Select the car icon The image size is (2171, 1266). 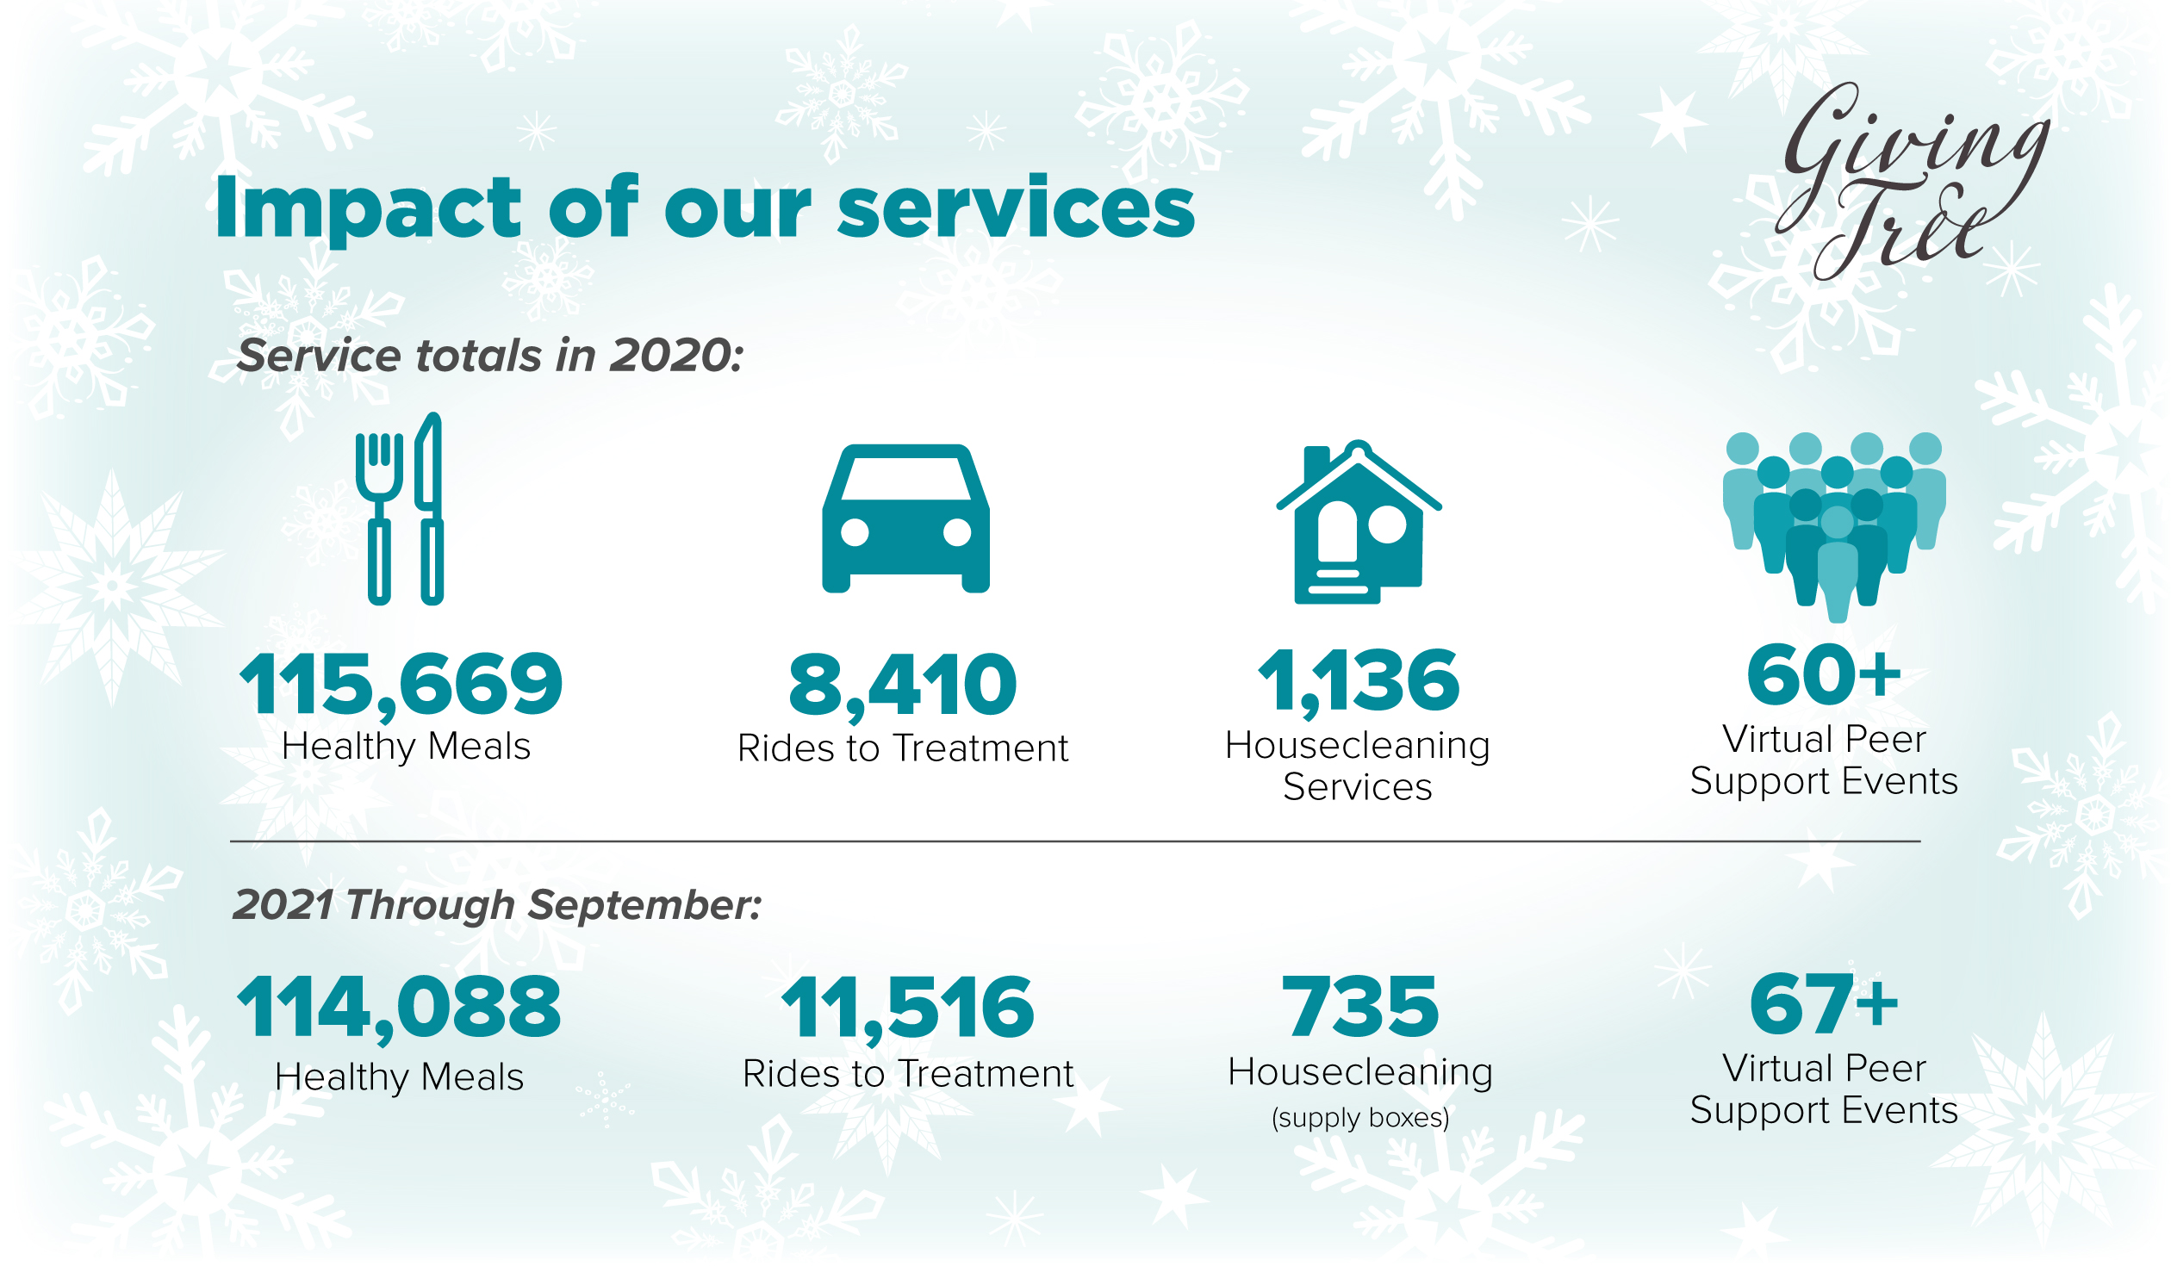(905, 518)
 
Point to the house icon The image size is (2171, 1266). (1359, 522)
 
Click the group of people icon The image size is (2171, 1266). (1835, 526)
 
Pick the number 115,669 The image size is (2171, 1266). (401, 686)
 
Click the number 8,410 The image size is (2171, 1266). (903, 686)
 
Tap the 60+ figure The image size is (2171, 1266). (1824, 675)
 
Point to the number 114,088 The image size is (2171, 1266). (400, 1008)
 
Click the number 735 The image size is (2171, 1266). (1360, 1007)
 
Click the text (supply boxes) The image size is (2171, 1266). (1360, 1118)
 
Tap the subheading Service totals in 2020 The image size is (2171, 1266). (489, 356)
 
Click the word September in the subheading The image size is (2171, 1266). (644, 906)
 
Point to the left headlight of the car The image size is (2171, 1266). (855, 532)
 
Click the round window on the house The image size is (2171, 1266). (1387, 524)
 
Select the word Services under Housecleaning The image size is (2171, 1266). (1358, 787)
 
